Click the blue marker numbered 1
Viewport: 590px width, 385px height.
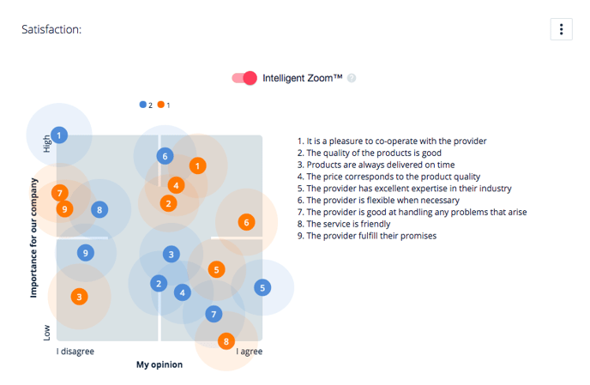pyautogui.click(x=59, y=135)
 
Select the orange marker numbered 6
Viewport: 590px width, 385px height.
pyautogui.click(x=246, y=222)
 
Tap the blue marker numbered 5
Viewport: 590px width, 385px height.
pyautogui.click(x=262, y=288)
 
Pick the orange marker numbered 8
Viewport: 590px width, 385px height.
pyautogui.click(x=226, y=341)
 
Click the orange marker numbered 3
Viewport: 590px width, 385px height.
pyautogui.click(x=80, y=297)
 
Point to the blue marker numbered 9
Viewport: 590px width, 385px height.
pyautogui.click(x=86, y=253)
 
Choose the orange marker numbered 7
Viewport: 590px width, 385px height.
pyautogui.click(x=60, y=194)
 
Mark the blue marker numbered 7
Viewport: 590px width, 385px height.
pyautogui.click(x=214, y=314)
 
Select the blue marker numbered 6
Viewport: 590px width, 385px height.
pyautogui.click(x=165, y=156)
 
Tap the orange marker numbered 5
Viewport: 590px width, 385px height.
pyautogui.click(x=216, y=269)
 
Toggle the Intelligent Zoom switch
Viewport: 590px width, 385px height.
pyautogui.click(x=244, y=78)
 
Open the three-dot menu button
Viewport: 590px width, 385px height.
pyautogui.click(x=561, y=29)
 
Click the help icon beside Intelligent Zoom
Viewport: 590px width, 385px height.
pyautogui.click(x=352, y=78)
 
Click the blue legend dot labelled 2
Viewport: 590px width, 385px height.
pyautogui.click(x=143, y=105)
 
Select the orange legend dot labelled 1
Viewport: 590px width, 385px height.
pyautogui.click(x=161, y=105)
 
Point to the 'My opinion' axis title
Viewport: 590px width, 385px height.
pyautogui.click(x=160, y=364)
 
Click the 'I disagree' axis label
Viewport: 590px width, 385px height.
pyautogui.click(x=75, y=352)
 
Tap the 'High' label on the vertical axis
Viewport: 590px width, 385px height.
pyautogui.click(x=46, y=144)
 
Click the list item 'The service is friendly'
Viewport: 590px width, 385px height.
pyautogui.click(x=344, y=224)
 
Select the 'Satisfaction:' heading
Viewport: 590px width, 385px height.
pyautogui.click(x=51, y=29)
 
